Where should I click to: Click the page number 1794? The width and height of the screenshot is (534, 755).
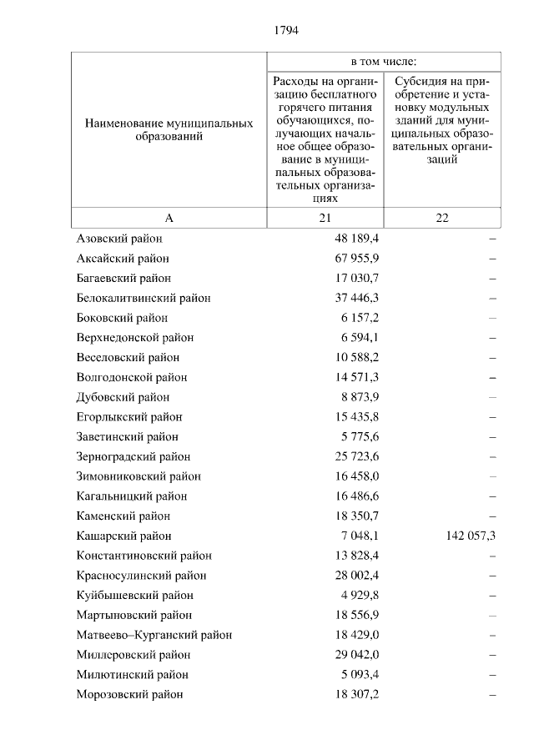[286, 31]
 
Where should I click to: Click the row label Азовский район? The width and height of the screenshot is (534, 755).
[118, 239]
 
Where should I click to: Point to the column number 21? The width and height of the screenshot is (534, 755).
[324, 218]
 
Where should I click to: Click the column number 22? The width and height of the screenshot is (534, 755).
[442, 218]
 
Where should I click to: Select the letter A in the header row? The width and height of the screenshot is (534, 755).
[169, 218]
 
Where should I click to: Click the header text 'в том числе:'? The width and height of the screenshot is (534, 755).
[383, 63]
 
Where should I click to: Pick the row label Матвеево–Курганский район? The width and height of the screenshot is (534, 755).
[154, 635]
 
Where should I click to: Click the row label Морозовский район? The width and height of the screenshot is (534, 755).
[129, 694]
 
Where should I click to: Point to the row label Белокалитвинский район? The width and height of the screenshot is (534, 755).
[143, 298]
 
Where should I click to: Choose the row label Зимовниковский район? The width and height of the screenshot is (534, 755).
[139, 476]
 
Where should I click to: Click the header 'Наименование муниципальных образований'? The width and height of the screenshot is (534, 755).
[169, 129]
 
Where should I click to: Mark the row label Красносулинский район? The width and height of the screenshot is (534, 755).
[141, 576]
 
